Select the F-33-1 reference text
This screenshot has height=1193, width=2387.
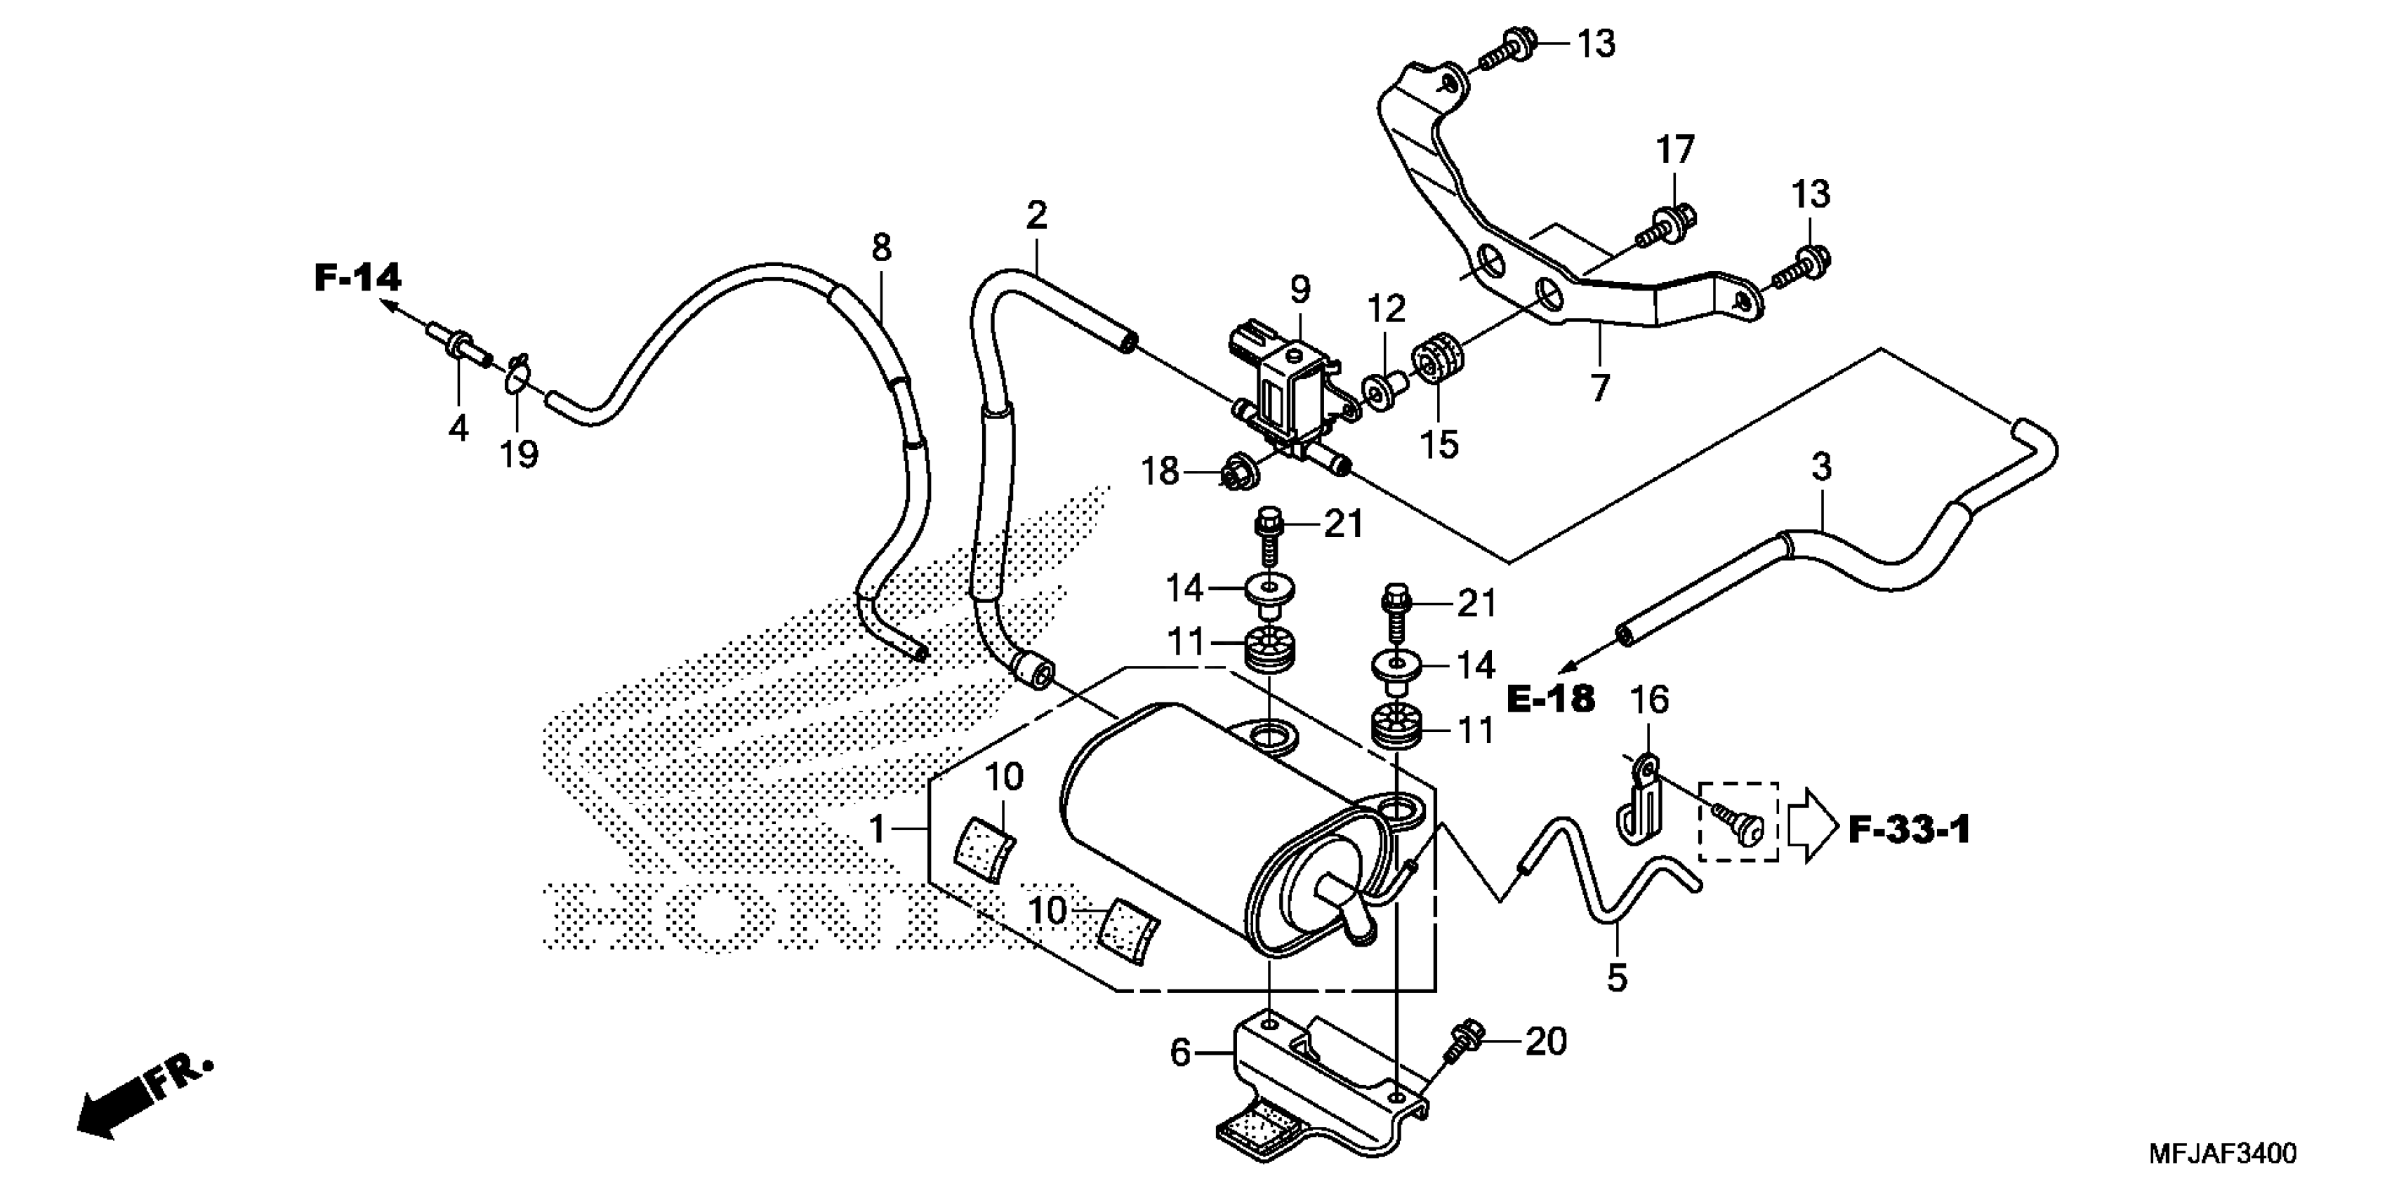(x=1909, y=830)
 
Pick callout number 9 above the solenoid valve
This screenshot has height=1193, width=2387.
(x=1300, y=290)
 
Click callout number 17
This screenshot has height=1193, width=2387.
(x=1675, y=150)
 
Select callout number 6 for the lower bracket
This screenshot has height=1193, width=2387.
(x=1179, y=1053)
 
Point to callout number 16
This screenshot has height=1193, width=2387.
(x=1649, y=700)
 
